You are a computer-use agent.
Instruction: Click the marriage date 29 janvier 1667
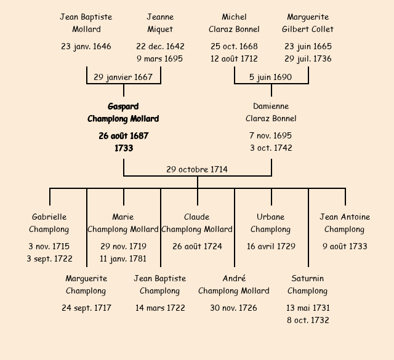click(123, 77)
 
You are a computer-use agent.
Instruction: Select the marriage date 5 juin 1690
click(271, 77)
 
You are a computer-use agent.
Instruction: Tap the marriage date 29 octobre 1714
click(197, 169)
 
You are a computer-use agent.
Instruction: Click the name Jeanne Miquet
click(160, 23)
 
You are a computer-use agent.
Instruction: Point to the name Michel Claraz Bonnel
click(234, 23)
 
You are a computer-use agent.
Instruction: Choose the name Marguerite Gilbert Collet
click(308, 23)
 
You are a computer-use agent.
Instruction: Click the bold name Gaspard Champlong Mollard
click(123, 113)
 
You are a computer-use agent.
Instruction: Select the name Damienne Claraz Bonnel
click(271, 113)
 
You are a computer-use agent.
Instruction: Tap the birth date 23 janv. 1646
click(86, 46)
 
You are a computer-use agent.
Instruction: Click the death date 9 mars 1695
click(160, 59)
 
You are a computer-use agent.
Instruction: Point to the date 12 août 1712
click(234, 59)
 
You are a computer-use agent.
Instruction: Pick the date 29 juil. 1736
click(308, 59)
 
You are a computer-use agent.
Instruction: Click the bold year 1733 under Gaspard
click(123, 148)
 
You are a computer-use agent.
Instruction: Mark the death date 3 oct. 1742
click(271, 148)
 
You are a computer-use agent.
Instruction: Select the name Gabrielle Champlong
click(49, 223)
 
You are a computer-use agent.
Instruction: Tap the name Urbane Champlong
click(271, 223)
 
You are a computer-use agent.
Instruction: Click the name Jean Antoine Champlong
click(345, 223)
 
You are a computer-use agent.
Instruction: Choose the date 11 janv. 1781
click(123, 259)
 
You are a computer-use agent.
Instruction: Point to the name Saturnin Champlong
click(308, 284)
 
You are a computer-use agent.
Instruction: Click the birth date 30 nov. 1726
click(234, 308)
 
